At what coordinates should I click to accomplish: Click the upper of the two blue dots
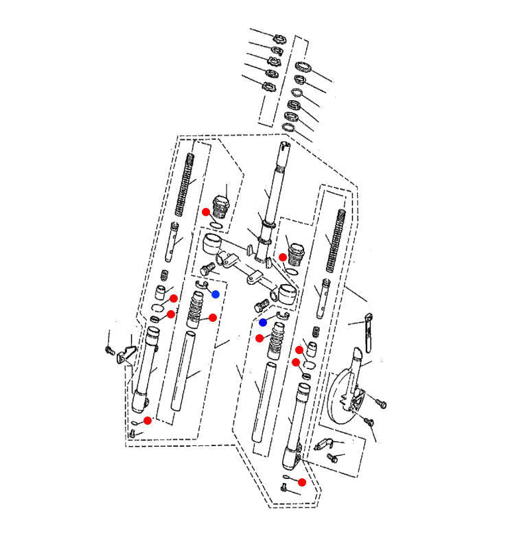pyautogui.click(x=216, y=294)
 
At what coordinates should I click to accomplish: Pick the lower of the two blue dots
pyautogui.click(x=263, y=322)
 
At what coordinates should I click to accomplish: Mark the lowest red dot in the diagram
pyautogui.click(x=302, y=482)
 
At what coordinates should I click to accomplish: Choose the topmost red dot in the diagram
pyautogui.click(x=206, y=211)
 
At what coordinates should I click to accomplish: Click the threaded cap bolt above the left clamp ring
pyautogui.click(x=221, y=205)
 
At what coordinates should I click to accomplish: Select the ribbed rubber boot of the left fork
pyautogui.click(x=196, y=309)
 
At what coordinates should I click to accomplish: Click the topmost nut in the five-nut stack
pyautogui.click(x=279, y=38)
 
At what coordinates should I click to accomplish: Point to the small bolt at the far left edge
pyautogui.click(x=108, y=351)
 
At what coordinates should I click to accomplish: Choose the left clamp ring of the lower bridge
pyautogui.click(x=211, y=244)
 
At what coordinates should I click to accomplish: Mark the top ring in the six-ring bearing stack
pyautogui.click(x=303, y=67)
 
